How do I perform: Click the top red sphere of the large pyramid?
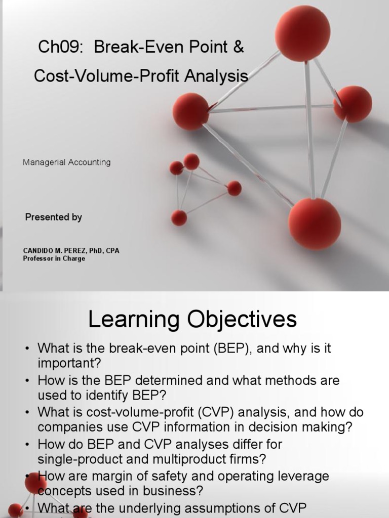(x=302, y=34)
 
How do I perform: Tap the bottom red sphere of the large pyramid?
(x=315, y=224)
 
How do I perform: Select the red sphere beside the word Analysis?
(x=191, y=111)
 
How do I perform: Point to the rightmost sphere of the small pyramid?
(x=234, y=188)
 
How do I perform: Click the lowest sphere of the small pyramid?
(x=179, y=218)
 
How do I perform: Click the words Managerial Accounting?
(x=67, y=162)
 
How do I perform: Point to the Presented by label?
(x=54, y=217)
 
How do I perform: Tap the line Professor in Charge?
(x=54, y=258)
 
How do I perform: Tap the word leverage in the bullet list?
(x=304, y=476)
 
